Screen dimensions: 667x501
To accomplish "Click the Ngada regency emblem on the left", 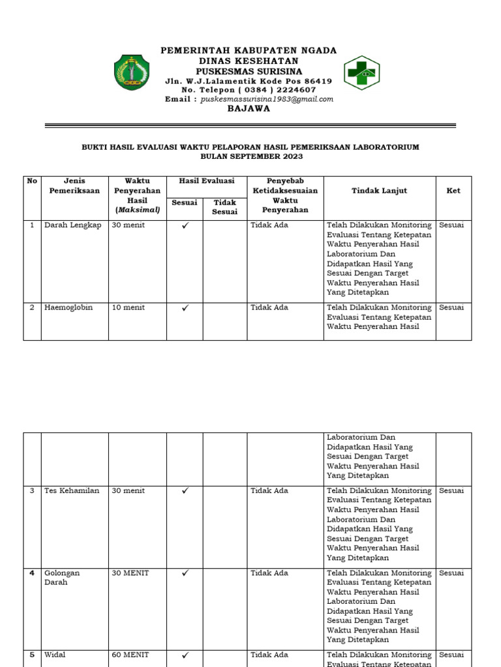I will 132,72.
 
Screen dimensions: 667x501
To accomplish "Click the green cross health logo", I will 362,72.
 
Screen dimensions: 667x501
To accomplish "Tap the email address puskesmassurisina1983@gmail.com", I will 267,99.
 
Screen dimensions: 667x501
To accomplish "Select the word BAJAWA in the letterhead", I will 249,109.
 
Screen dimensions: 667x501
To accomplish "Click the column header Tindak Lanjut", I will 379,191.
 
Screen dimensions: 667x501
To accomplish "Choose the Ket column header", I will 453,191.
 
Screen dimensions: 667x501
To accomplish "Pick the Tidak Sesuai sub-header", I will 225,207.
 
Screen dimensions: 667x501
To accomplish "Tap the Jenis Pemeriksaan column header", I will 74,186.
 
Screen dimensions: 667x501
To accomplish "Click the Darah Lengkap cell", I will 73,225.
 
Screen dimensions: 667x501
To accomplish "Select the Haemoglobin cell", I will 68,307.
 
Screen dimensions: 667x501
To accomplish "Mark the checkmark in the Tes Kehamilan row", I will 185,491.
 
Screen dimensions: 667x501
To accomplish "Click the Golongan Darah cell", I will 62,578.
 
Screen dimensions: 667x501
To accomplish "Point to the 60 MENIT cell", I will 130,655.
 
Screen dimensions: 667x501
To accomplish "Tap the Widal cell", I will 55,655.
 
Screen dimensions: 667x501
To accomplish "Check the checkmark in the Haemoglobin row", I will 185,308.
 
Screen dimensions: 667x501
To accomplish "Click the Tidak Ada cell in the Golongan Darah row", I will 269,573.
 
